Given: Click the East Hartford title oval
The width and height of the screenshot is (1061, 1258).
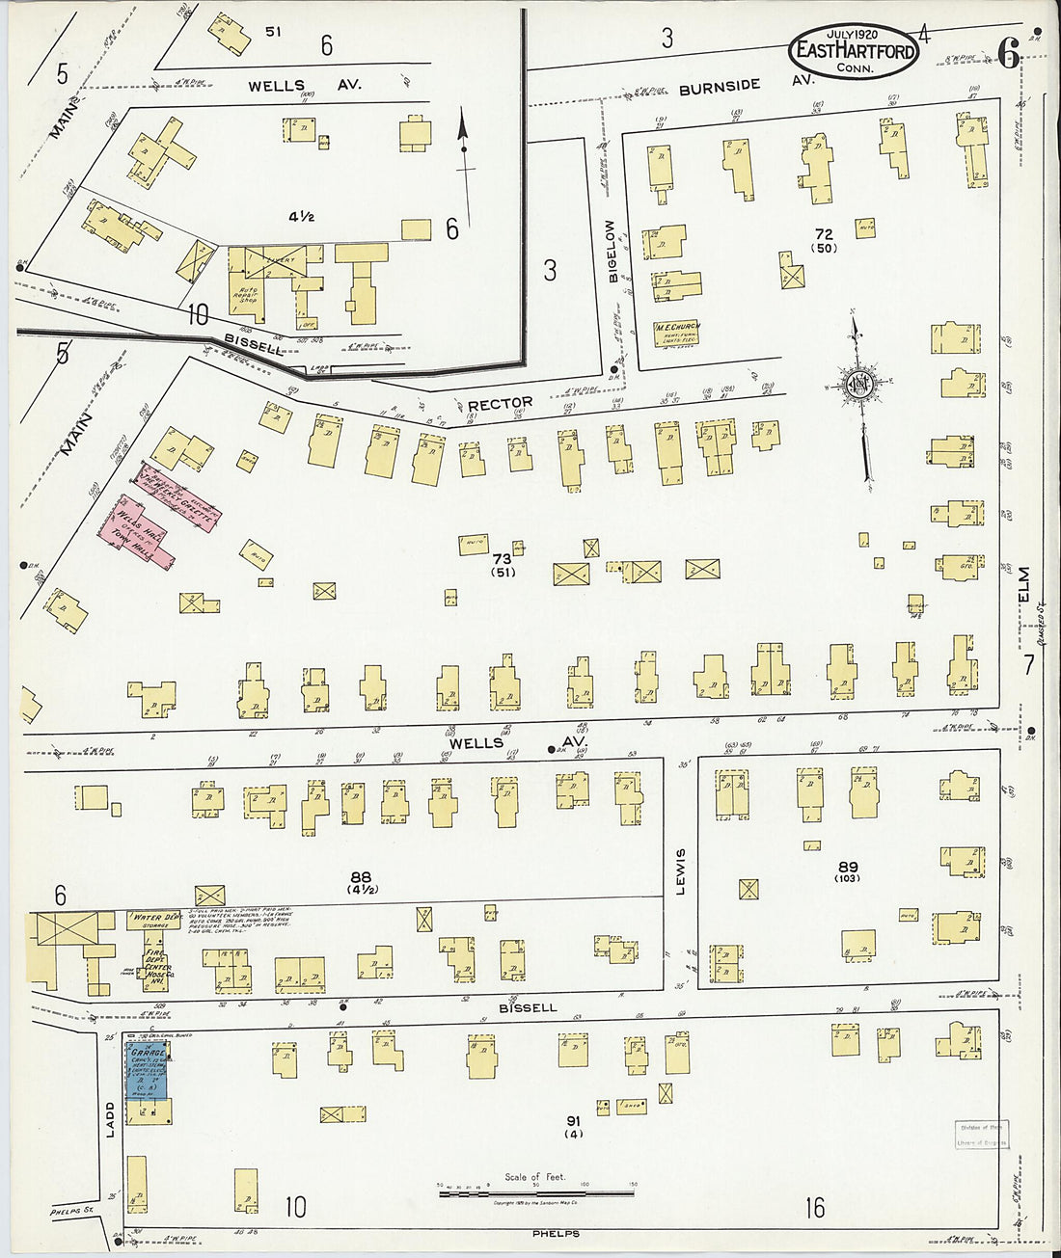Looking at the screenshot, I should pyautogui.click(x=854, y=50).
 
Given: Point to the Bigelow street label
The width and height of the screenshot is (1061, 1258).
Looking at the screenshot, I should pyautogui.click(x=612, y=252).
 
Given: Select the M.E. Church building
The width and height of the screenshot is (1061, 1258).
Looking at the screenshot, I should pyautogui.click(x=677, y=334).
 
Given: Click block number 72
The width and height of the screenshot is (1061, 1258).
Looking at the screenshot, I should pyautogui.click(x=823, y=234).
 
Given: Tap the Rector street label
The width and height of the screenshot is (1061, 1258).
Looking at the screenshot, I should pyautogui.click(x=500, y=403).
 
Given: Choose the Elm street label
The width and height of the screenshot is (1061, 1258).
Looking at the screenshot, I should pyautogui.click(x=1023, y=587).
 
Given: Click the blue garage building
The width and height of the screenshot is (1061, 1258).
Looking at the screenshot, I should pyautogui.click(x=148, y=1073).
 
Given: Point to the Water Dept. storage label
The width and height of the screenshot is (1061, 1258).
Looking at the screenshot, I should pyautogui.click(x=155, y=920).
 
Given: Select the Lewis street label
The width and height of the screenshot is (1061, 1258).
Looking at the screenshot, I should pyautogui.click(x=680, y=871).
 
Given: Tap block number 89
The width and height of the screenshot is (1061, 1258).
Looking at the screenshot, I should pyautogui.click(x=847, y=867).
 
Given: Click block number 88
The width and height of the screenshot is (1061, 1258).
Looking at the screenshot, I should pyautogui.click(x=361, y=877).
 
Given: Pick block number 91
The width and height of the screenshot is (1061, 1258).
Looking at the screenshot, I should pyautogui.click(x=574, y=1121).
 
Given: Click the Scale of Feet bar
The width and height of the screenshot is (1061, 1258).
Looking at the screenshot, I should pyautogui.click(x=535, y=1193).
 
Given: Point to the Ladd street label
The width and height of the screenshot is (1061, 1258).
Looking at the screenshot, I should pyautogui.click(x=110, y=1119).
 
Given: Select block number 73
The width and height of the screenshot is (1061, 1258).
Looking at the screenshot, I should pyautogui.click(x=502, y=559).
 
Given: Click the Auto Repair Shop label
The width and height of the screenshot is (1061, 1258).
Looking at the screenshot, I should pyautogui.click(x=247, y=293).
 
